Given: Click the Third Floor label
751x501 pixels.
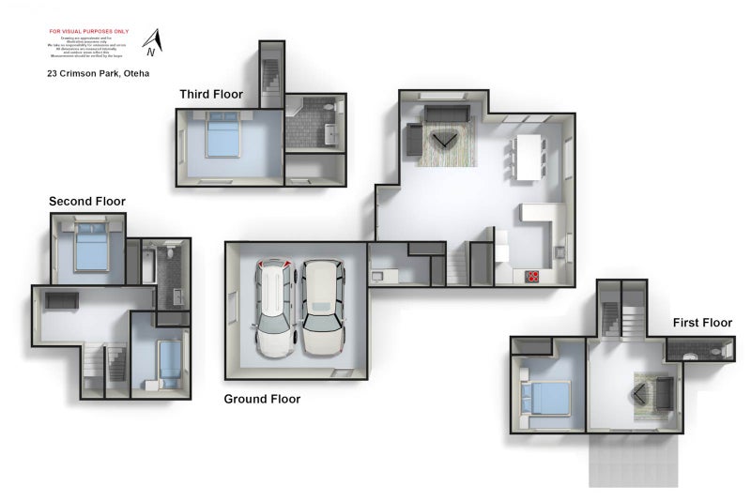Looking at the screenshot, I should coord(211,94).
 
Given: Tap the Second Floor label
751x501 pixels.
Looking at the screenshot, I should coord(87,202).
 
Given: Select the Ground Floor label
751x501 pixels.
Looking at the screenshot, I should coord(262,399).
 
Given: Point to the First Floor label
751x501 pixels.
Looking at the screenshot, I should coord(702,323).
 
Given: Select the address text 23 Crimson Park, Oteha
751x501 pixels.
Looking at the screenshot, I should coord(99,73).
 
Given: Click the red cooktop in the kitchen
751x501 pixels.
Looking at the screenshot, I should coord(532,276).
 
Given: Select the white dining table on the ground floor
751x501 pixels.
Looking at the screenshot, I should coord(529,155).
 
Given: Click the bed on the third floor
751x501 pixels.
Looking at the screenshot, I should coord(222,137).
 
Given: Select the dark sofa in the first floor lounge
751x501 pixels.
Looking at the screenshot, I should coord(664,394).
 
